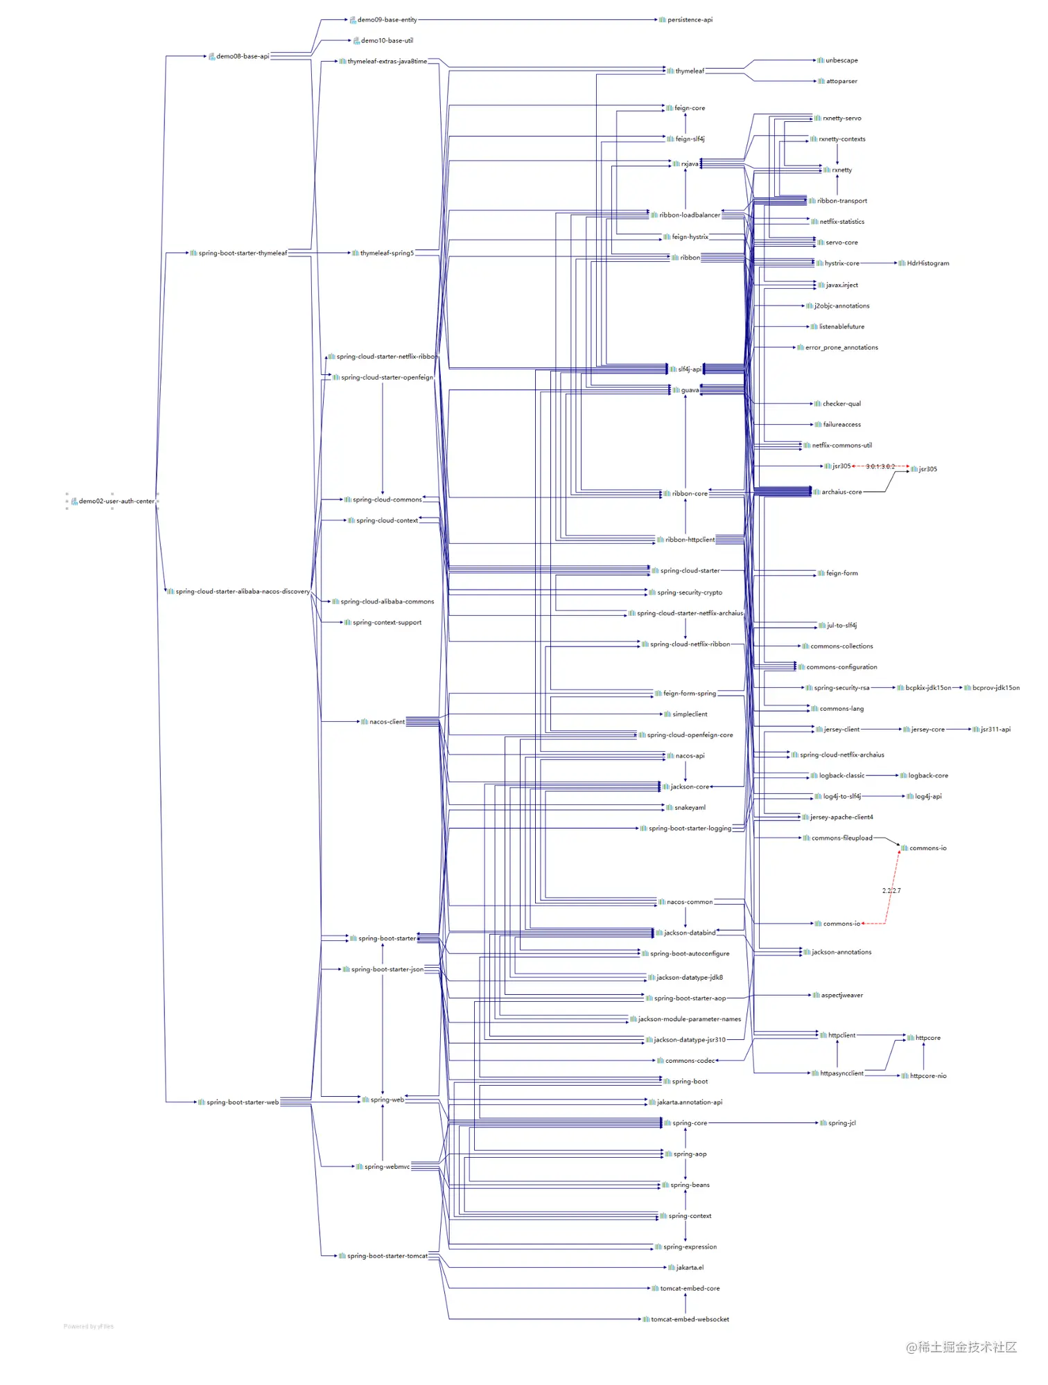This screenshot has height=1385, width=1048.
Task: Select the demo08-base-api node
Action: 242,56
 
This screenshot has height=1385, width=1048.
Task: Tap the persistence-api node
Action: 689,20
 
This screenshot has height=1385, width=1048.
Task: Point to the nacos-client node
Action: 386,722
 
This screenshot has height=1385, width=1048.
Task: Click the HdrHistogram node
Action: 927,263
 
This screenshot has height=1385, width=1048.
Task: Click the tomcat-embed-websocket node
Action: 689,1320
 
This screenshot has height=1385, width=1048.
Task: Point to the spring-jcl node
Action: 841,1123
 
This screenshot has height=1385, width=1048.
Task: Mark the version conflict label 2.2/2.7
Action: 891,891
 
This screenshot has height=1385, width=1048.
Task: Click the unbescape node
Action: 841,61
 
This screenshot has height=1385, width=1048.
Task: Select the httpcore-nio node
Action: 927,1076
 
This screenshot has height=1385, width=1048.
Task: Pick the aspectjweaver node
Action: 841,996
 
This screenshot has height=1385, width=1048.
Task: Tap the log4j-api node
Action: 927,797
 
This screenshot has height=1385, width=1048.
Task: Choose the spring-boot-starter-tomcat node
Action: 387,1256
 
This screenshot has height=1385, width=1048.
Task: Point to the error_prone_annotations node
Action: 841,348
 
